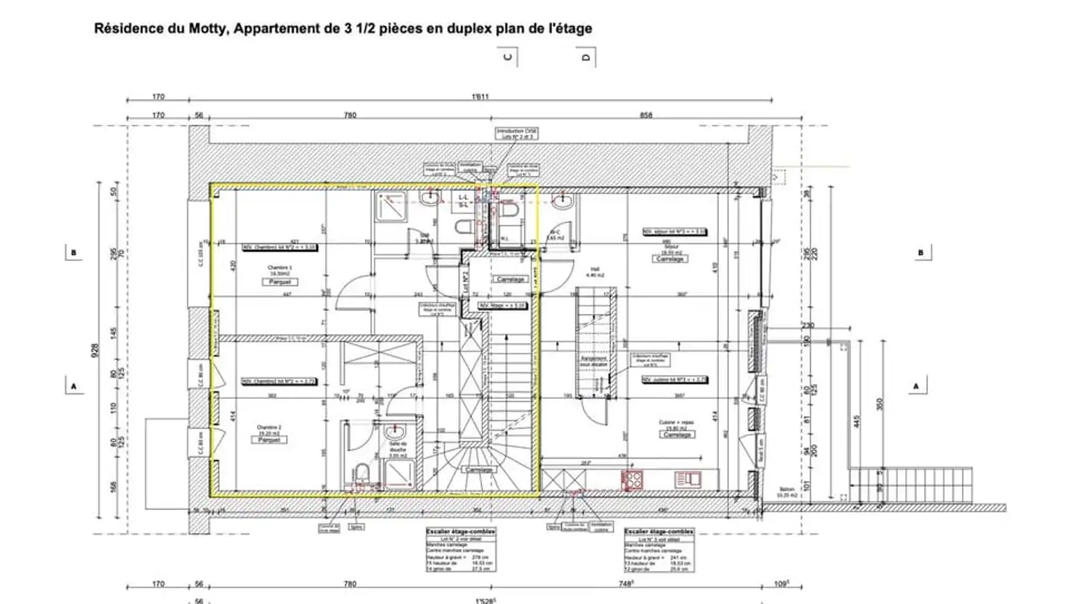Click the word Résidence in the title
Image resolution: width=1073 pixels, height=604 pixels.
click(x=124, y=29)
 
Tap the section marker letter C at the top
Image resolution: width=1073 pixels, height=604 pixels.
click(x=509, y=57)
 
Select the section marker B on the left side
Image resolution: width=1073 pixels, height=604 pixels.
click(x=73, y=253)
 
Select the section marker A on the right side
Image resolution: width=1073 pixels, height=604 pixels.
click(x=915, y=386)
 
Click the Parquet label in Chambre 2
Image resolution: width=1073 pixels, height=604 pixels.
click(x=269, y=440)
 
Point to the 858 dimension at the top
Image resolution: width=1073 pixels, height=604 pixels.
click(x=645, y=115)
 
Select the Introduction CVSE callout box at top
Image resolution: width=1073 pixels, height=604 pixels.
click(x=517, y=133)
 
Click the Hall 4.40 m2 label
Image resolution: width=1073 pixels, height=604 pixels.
click(x=595, y=272)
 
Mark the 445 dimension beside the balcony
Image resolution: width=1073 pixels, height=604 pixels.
click(x=856, y=426)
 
